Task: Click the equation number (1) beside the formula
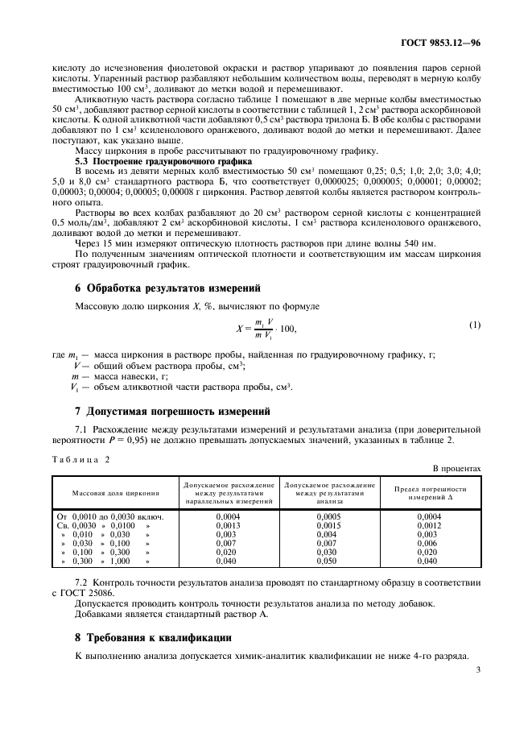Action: (x=474, y=325)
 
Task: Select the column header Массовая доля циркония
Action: (x=116, y=492)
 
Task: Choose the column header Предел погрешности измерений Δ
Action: (x=431, y=492)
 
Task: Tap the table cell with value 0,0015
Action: (x=330, y=525)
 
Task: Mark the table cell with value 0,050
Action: (x=330, y=561)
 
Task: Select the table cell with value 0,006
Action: (x=431, y=543)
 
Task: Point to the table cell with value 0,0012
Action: (x=431, y=525)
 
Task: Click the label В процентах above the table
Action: (x=456, y=467)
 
